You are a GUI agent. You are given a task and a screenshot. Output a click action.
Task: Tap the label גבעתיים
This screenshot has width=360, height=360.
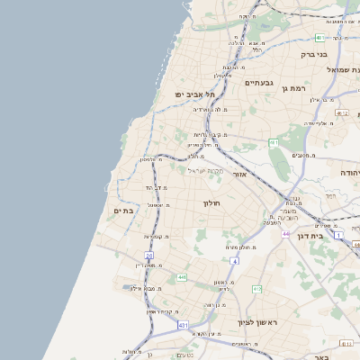(258, 82)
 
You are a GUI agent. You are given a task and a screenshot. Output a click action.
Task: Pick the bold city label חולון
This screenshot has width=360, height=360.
(211, 202)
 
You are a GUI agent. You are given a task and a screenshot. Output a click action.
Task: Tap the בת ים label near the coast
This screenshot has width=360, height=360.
(122, 211)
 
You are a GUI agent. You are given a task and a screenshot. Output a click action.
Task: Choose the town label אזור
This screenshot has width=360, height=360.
(239, 174)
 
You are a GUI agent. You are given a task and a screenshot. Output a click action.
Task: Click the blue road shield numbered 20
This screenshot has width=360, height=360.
(149, 256)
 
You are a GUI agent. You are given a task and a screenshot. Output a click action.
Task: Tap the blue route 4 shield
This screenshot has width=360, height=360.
(234, 261)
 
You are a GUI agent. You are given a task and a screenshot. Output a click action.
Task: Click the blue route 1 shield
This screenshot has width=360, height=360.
(338, 234)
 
